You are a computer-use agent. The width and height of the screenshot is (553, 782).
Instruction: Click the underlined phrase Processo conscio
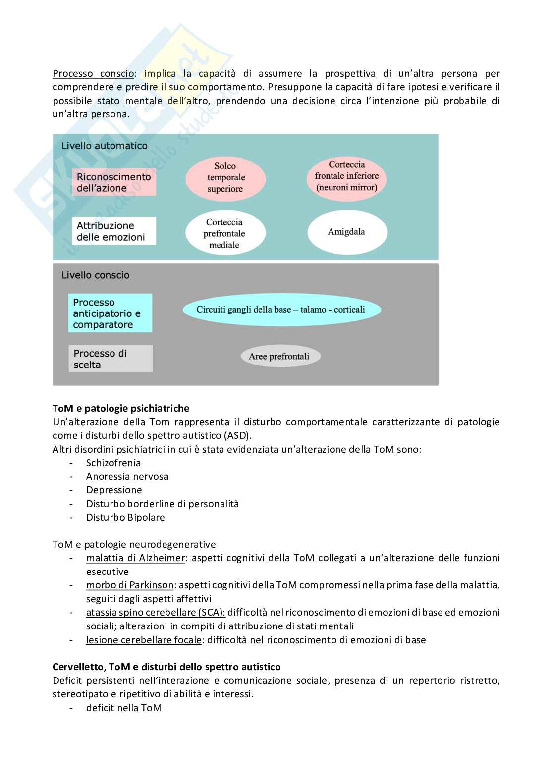[93, 74]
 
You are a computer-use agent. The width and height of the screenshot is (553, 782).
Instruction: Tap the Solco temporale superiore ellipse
[225, 178]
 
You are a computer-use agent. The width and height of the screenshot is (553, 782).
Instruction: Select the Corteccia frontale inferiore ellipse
[346, 176]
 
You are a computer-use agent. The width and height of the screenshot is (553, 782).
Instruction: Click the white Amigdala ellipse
[346, 232]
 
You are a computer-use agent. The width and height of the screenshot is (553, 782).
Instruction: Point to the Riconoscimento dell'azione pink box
[114, 182]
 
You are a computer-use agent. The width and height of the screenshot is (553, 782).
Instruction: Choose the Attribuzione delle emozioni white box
[114, 231]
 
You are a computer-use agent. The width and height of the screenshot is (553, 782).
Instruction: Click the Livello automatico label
[105, 146]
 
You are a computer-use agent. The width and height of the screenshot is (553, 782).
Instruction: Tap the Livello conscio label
[96, 275]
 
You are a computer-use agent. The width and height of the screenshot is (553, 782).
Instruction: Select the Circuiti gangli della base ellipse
[281, 310]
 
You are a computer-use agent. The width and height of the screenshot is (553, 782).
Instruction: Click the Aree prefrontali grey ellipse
[279, 356]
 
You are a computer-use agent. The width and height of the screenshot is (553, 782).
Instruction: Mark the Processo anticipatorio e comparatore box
[110, 313]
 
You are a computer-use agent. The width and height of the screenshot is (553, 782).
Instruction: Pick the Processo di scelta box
[110, 359]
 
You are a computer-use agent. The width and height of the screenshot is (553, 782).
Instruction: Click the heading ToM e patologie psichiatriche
[121, 409]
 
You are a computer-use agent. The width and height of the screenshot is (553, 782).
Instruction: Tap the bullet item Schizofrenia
[113, 463]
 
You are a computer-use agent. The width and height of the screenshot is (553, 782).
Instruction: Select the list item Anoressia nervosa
[127, 476]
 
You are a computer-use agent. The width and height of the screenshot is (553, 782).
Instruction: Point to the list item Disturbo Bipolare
[125, 517]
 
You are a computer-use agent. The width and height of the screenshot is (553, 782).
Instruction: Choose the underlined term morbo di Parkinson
[130, 585]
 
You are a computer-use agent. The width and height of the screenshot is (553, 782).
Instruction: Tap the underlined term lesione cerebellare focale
[144, 640]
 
